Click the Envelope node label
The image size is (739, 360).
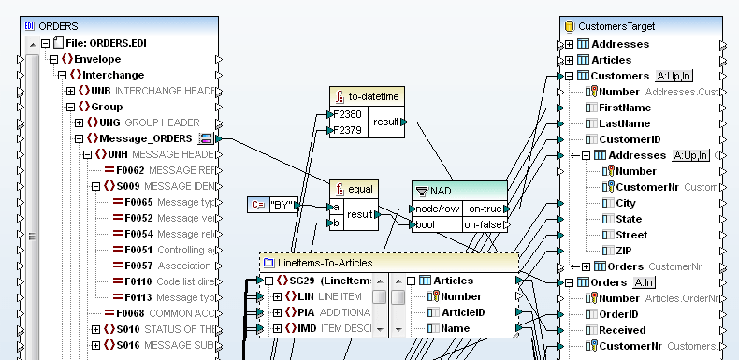point(97,58)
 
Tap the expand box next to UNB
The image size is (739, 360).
point(70,91)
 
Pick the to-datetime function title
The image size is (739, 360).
point(375,97)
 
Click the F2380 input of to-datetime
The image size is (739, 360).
point(347,115)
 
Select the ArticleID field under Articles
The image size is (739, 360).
point(463,312)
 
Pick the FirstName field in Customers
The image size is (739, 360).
point(625,108)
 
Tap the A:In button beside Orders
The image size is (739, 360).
point(644,282)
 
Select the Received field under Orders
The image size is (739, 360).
point(622,330)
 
